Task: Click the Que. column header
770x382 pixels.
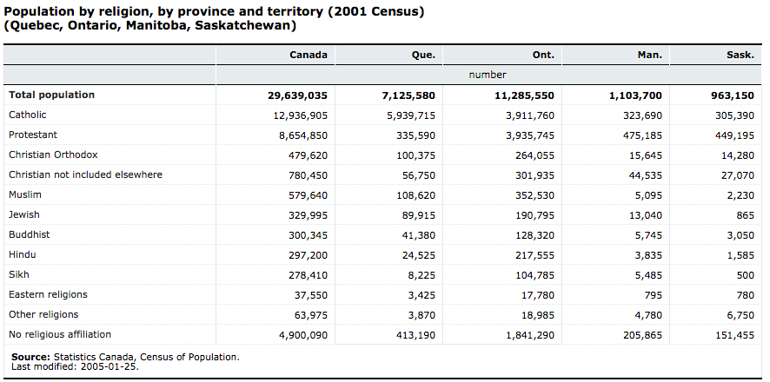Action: [423, 55]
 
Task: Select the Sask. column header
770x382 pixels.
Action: [740, 55]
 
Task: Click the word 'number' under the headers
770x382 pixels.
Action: [488, 75]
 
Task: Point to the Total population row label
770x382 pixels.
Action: [51, 95]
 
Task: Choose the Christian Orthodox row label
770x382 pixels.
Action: [53, 155]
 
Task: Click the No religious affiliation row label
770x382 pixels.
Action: [60, 334]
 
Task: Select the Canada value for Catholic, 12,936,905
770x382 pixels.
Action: [297, 115]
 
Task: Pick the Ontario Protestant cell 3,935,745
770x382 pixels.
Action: [524, 135]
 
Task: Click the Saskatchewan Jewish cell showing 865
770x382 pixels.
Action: [745, 214]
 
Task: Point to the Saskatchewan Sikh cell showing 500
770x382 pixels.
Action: [745, 275]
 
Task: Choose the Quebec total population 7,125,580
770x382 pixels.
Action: [408, 95]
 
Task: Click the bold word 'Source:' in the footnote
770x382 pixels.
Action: [31, 357]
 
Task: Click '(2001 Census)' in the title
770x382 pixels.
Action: [373, 12]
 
